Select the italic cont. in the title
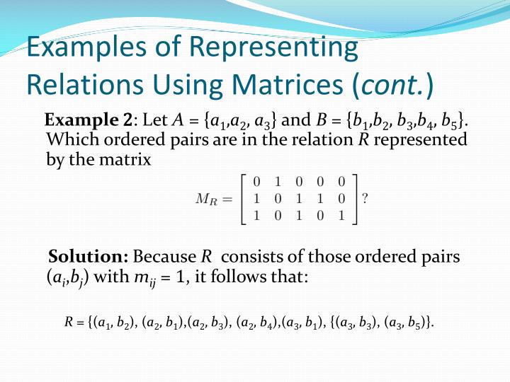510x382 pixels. click(x=392, y=85)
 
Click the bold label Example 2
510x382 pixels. click(x=91, y=120)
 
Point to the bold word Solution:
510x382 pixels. click(x=88, y=256)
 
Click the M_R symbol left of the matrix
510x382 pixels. click(x=210, y=199)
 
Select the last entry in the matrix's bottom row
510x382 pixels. click(x=341, y=216)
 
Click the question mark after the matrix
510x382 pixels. click(x=364, y=199)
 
